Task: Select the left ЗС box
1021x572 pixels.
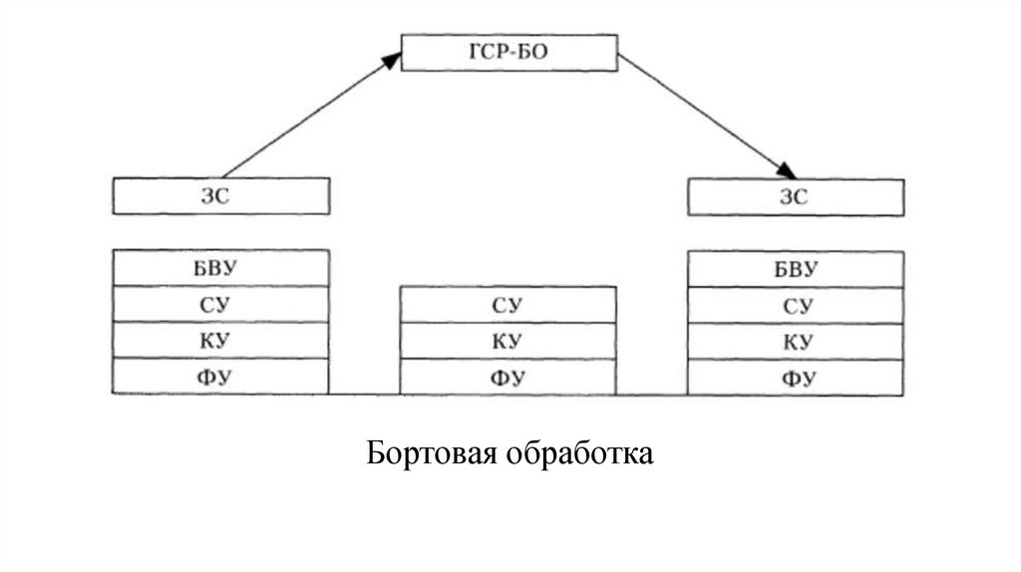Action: click(220, 196)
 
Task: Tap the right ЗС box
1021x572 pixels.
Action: click(796, 196)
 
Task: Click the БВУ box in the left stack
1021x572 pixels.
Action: click(220, 268)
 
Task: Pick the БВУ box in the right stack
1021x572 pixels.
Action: click(796, 269)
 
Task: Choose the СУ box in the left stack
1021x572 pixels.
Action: click(220, 304)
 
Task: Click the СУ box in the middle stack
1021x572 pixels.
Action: click(508, 305)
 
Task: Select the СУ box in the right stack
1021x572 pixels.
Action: click(796, 305)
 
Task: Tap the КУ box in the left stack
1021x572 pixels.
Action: click(220, 340)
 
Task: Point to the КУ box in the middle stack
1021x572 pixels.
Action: click(508, 341)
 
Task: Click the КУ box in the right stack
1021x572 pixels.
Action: click(796, 341)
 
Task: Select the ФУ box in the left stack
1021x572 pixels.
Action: click(220, 376)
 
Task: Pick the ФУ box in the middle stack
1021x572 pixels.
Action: click(508, 377)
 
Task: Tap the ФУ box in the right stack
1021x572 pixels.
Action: click(796, 377)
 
